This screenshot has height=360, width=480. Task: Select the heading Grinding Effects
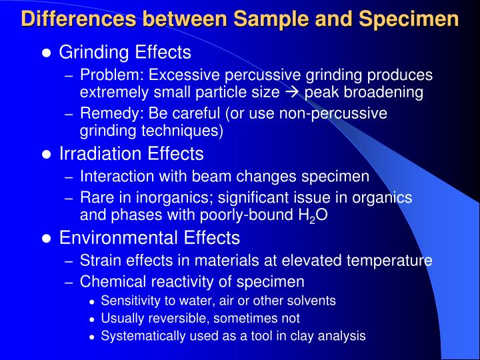click(125, 52)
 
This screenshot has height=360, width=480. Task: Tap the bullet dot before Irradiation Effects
click(47, 155)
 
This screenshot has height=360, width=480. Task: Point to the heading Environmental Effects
click(149, 238)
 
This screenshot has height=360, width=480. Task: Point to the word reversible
click(171, 319)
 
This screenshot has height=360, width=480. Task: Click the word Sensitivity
click(128, 301)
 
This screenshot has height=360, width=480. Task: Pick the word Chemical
click(109, 281)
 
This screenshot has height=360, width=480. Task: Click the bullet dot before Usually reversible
click(93, 319)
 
